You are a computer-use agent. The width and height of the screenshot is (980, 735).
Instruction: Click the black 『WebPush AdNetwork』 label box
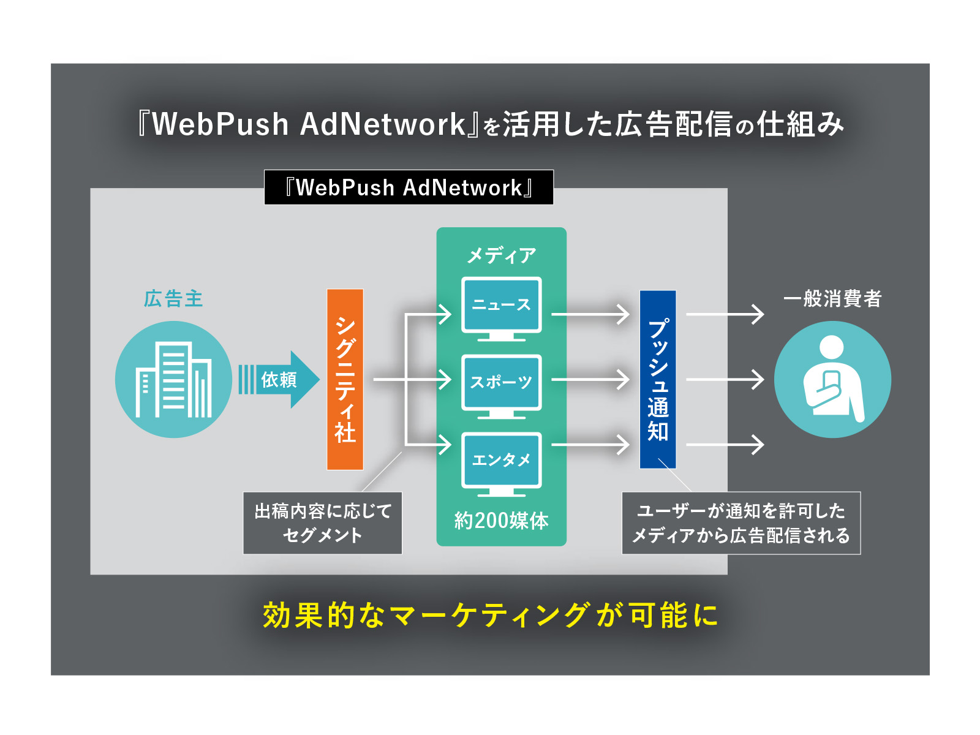[x=409, y=187]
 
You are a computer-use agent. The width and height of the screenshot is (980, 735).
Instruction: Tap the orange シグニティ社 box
[x=345, y=379]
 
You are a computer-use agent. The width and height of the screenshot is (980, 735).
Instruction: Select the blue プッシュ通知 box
[x=658, y=379]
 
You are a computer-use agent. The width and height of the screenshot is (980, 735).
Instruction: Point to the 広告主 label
[x=173, y=299]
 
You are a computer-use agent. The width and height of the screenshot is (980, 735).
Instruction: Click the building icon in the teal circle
[x=173, y=380]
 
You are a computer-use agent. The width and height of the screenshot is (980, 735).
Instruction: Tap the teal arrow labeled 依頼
[x=279, y=380]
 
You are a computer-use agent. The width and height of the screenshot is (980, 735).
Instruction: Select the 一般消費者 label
[x=832, y=299]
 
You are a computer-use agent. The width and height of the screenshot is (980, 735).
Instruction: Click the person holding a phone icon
[x=832, y=380]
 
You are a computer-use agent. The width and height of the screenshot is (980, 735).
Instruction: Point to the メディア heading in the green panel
[x=501, y=255]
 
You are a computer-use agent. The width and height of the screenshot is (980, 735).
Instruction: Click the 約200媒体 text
[x=501, y=521]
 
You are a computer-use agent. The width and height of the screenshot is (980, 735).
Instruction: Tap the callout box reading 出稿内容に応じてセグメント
[x=322, y=523]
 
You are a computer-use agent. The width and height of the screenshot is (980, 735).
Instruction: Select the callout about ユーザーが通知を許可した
[x=741, y=523]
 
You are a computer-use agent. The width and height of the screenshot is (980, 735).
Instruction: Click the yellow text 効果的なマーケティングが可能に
[x=490, y=615]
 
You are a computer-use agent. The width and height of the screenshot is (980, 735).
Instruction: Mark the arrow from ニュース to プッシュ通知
[x=590, y=314]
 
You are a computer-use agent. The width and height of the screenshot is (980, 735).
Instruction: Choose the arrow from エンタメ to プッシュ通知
[x=590, y=445]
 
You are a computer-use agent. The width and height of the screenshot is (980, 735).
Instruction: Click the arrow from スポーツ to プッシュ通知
[x=590, y=380]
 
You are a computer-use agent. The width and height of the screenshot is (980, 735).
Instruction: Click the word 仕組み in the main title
[x=801, y=124]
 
